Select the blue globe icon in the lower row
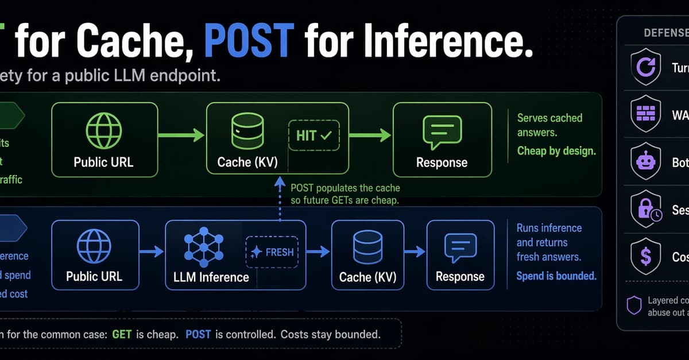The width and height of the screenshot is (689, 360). [94, 247]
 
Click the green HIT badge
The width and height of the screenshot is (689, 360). [314, 136]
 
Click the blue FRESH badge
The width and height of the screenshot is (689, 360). [273, 251]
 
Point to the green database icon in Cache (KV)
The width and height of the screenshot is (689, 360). [248, 131]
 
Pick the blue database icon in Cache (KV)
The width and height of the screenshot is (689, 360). [367, 247]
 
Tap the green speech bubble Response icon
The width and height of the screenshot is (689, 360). [442, 131]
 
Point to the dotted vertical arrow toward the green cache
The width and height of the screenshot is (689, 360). [280, 201]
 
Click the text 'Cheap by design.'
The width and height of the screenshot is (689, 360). [556, 152]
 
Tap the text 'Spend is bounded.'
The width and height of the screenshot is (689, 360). [556, 276]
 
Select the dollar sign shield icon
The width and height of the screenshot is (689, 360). [645, 257]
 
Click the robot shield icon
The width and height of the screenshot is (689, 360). [645, 161]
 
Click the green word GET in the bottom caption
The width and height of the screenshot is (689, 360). [122, 334]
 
